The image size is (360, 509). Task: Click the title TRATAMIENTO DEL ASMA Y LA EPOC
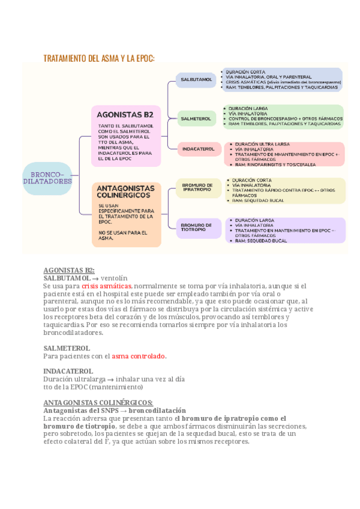(99, 58)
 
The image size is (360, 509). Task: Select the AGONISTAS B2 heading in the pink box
(126, 114)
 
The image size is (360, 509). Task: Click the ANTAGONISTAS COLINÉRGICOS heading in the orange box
(126, 192)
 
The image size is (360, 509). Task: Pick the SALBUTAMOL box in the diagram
(197, 80)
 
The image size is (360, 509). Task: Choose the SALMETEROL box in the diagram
(196, 119)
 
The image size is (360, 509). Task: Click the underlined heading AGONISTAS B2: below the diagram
(69, 270)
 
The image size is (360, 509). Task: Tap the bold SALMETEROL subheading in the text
(67, 348)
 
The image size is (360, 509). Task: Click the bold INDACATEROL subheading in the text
(68, 372)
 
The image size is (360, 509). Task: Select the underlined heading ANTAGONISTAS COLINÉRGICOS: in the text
(98, 402)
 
